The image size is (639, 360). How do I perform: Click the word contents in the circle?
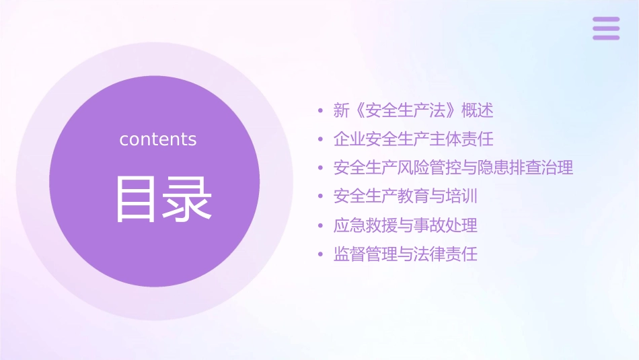pyautogui.click(x=158, y=139)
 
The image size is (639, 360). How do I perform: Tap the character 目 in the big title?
pyautogui.click(x=138, y=199)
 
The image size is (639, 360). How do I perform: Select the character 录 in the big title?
pyautogui.click(x=188, y=199)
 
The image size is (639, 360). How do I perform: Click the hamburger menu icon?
pyautogui.click(x=606, y=28)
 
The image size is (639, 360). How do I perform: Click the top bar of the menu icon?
pyautogui.click(x=606, y=20)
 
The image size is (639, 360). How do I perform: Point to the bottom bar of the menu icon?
pyautogui.click(x=606, y=37)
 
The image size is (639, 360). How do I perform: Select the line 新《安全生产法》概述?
pyautogui.click(x=413, y=110)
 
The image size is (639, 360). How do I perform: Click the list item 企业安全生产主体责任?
pyautogui.click(x=413, y=139)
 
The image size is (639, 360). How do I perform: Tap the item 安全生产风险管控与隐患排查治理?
pyautogui.click(x=453, y=168)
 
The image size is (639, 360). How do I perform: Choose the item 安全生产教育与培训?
pyautogui.click(x=405, y=196)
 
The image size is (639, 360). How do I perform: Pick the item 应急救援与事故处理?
pyautogui.click(x=405, y=225)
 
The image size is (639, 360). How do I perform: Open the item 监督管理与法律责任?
pyautogui.click(x=405, y=254)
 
